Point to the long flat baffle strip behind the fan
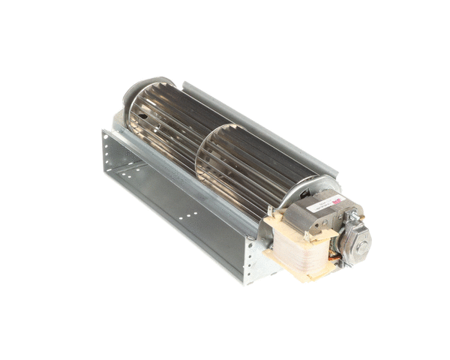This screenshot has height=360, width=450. click(255, 127)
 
